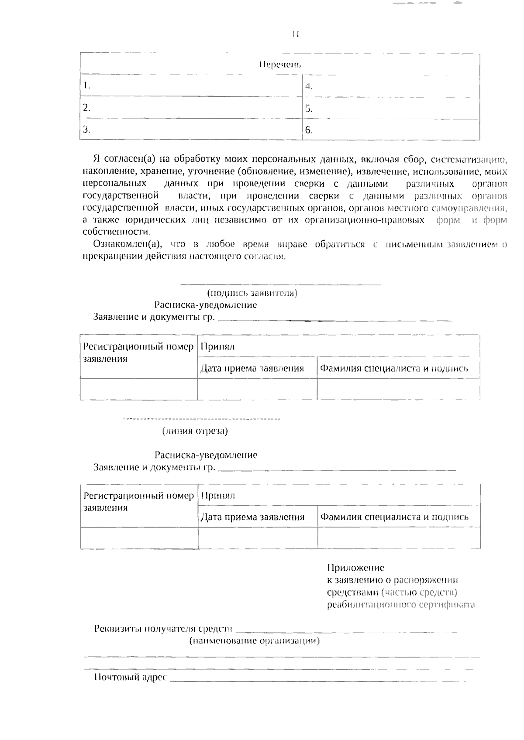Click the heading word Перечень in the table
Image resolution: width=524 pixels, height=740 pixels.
tap(280, 65)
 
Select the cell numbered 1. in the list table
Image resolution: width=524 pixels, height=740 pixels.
tap(191, 86)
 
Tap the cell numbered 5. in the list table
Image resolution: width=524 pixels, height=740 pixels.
tap(391, 108)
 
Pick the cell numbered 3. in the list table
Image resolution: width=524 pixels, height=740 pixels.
tap(191, 130)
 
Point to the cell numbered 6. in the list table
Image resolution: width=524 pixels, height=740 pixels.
tap(391, 130)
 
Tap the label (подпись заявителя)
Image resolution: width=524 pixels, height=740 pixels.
tap(252, 293)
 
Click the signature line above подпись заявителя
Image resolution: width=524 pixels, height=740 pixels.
tap(280, 285)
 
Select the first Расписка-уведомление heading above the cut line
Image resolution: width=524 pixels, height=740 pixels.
tap(205, 305)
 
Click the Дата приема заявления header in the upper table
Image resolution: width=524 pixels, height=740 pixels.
tap(252, 368)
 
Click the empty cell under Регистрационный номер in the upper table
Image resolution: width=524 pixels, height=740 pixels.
tap(139, 389)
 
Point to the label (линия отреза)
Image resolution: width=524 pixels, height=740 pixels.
tap(195, 431)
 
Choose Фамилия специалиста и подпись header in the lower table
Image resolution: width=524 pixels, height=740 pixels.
tap(394, 517)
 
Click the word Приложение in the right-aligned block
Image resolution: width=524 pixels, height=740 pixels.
tap(355, 568)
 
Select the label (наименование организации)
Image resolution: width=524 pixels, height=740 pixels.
tap(254, 641)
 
